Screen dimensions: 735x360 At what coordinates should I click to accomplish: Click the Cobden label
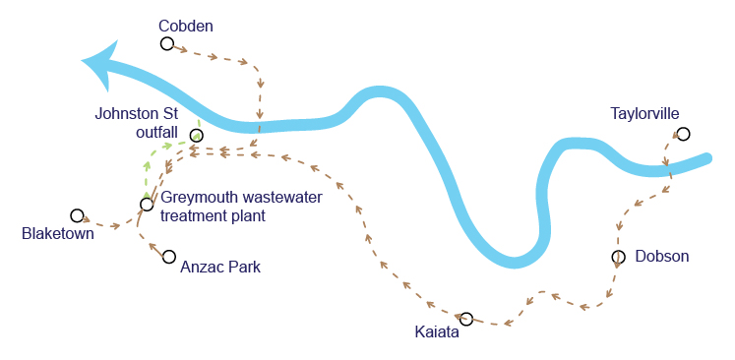[x=186, y=27]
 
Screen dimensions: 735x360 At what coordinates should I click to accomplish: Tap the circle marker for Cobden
[x=167, y=43]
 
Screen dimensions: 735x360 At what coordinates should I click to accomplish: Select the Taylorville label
[x=645, y=114]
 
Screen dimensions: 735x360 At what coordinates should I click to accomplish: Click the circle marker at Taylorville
[x=684, y=134]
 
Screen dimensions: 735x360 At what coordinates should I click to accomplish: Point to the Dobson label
[x=662, y=257]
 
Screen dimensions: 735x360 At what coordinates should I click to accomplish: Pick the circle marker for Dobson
[x=618, y=257]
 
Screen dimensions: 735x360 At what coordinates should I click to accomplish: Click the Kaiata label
[x=437, y=332]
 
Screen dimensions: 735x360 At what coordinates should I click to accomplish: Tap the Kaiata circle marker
[x=466, y=320]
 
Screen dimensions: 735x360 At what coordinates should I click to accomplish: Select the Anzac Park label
[x=220, y=268]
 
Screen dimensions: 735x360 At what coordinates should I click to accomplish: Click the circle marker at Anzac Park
[x=169, y=257]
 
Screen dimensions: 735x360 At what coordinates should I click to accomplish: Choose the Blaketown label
[x=58, y=233]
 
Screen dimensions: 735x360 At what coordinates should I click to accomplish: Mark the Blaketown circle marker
[x=77, y=215]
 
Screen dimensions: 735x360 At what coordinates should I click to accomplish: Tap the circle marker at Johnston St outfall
[x=197, y=136]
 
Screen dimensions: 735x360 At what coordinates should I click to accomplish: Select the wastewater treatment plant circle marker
[x=147, y=205]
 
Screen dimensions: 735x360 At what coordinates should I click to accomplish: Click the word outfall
[x=157, y=132]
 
